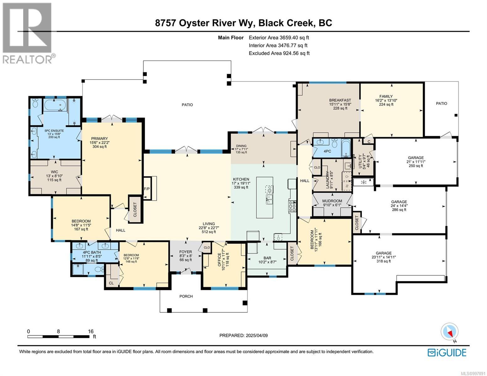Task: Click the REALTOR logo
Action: pos(29,33)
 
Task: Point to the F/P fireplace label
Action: pos(146,189)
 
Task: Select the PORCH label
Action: pos(186,296)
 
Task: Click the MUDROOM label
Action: pos(332,201)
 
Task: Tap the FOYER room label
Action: pos(186,252)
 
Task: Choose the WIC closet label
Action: pos(55,172)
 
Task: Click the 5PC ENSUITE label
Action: pos(54,131)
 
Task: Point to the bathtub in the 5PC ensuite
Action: pos(55,105)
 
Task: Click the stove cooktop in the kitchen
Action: pos(292,206)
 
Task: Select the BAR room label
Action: pos(267,258)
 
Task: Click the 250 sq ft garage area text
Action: pos(416,166)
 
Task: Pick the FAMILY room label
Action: pos(386,96)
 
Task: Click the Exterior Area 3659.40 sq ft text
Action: pos(279,38)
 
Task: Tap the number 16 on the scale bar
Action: pos(91,331)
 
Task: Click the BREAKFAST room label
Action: pos(340,100)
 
